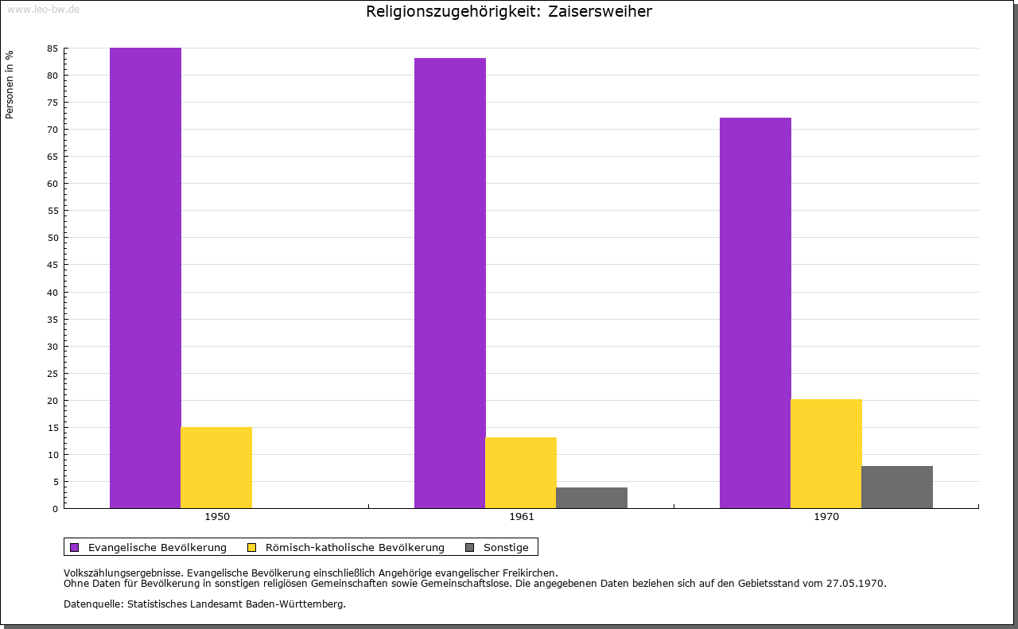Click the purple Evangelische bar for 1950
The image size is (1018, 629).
[146, 278]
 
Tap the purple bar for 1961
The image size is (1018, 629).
[450, 283]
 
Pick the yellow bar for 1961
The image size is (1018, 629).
[521, 472]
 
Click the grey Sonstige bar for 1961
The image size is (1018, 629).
[592, 498]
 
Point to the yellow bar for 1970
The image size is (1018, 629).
[826, 453]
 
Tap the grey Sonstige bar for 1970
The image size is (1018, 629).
[897, 487]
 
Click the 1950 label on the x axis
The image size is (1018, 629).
[217, 517]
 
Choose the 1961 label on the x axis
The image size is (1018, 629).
[522, 517]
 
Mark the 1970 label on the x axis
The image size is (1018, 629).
[826, 517]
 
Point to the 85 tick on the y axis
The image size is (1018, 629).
[52, 49]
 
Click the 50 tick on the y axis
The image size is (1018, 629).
[52, 238]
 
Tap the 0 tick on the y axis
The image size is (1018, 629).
[55, 509]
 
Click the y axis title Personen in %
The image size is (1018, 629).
[10, 84]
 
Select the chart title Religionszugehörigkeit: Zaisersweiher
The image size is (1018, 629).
[509, 11]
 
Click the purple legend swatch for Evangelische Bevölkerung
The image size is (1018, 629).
[75, 547]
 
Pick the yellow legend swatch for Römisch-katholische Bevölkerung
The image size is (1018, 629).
[252, 547]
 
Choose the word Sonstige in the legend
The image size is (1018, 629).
[506, 547]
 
